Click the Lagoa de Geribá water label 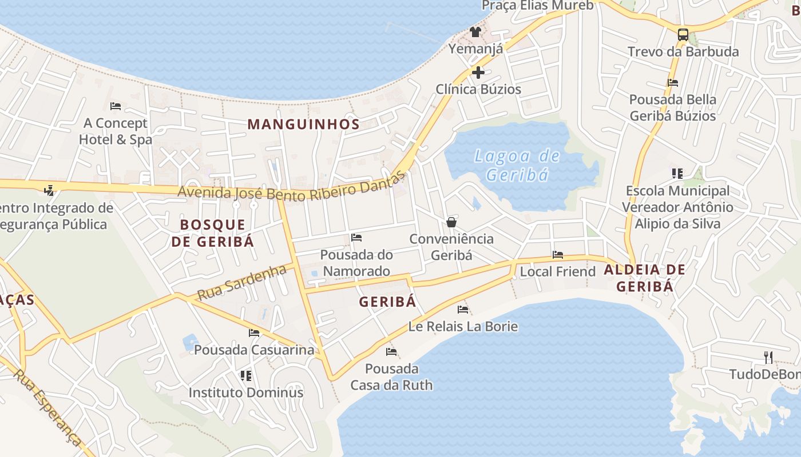pos(517,165)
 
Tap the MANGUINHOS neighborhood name pos(303,124)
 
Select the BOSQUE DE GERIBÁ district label pos(213,232)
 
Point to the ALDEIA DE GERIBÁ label pos(645,278)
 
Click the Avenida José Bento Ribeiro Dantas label pos(291,190)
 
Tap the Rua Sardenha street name pos(241,283)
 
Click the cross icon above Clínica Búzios pos(478,73)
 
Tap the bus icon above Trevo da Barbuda pos(683,34)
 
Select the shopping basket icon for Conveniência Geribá pos(451,222)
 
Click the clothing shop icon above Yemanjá pos(475,31)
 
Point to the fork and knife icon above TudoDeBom pos(768,358)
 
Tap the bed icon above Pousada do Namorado pos(356,238)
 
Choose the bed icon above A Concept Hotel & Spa pos(116,106)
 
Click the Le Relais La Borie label pos(463,326)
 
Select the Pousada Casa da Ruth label pos(391,376)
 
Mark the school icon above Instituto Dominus pos(246,376)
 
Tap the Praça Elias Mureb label pos(537,6)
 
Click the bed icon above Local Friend pos(558,255)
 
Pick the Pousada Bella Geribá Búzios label pos(673,107)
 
